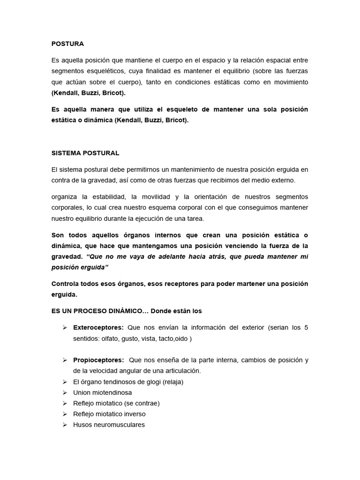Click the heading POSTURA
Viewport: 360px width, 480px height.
pyautogui.click(x=67, y=44)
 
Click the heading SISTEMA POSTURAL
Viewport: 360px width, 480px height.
pyautogui.click(x=85, y=153)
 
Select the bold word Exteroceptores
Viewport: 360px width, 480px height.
pyautogui.click(x=98, y=327)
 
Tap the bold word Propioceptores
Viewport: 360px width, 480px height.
pyautogui.click(x=98, y=360)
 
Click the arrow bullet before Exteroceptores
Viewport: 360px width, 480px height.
pyautogui.click(x=65, y=327)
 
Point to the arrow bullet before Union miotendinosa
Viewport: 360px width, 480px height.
pyautogui.click(x=65, y=392)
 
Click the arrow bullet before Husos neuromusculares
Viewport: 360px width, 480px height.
pyautogui.click(x=65, y=425)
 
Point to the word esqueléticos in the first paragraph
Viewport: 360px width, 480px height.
pyautogui.click(x=109, y=71)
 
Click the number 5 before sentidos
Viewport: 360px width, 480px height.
pyautogui.click(x=306, y=327)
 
